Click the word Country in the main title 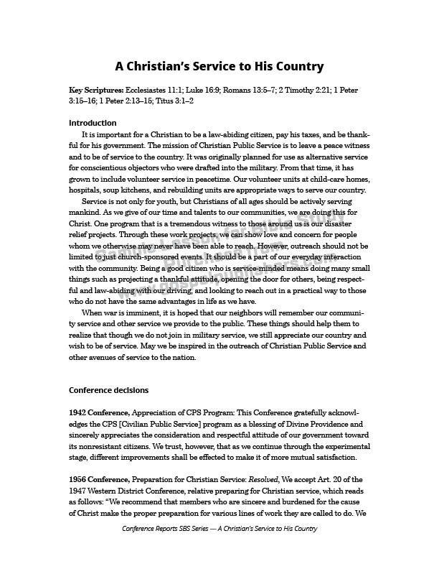pos(297,67)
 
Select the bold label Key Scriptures pos(96,91)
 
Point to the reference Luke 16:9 pos(205,91)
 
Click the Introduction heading pos(93,123)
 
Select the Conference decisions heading pos(108,390)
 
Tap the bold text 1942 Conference pos(98,413)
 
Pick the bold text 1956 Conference pos(98,479)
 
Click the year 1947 pos(78,491)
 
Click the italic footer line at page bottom pos(219,528)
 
